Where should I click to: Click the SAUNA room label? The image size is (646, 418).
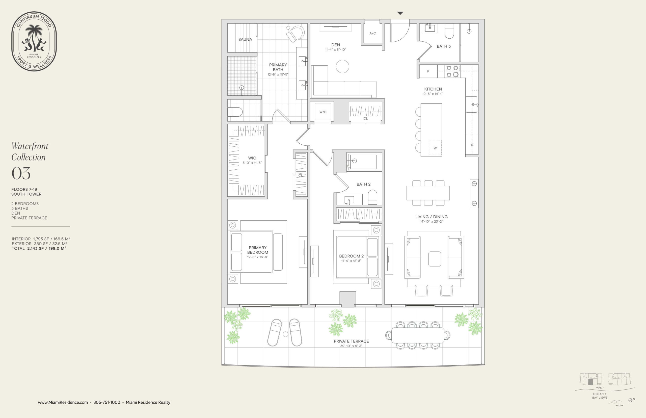tap(245, 39)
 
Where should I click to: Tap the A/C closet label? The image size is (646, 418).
tap(372, 33)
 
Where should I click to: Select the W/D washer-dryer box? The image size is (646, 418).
tap(323, 112)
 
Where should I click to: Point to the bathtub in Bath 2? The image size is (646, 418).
tap(363, 162)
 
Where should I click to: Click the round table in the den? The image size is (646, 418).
tap(342, 66)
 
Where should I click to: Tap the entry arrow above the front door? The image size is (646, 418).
tap(400, 13)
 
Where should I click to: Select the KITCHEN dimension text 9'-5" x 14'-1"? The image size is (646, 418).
tap(433, 94)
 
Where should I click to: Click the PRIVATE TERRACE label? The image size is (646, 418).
tap(351, 341)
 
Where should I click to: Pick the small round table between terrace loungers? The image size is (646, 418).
tap(285, 334)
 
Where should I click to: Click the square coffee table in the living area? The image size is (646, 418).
tap(435, 259)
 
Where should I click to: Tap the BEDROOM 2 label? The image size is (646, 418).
tap(351, 256)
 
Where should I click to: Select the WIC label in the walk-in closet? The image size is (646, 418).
tap(252, 158)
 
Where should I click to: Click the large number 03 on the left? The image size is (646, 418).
tap(21, 173)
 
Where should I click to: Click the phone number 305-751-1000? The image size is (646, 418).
tap(107, 402)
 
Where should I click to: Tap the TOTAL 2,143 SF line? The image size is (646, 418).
tap(39, 248)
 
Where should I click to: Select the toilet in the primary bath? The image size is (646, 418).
tap(235, 112)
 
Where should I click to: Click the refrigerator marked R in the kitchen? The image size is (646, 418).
tap(472, 145)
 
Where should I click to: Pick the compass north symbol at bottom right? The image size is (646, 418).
tap(631, 400)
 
